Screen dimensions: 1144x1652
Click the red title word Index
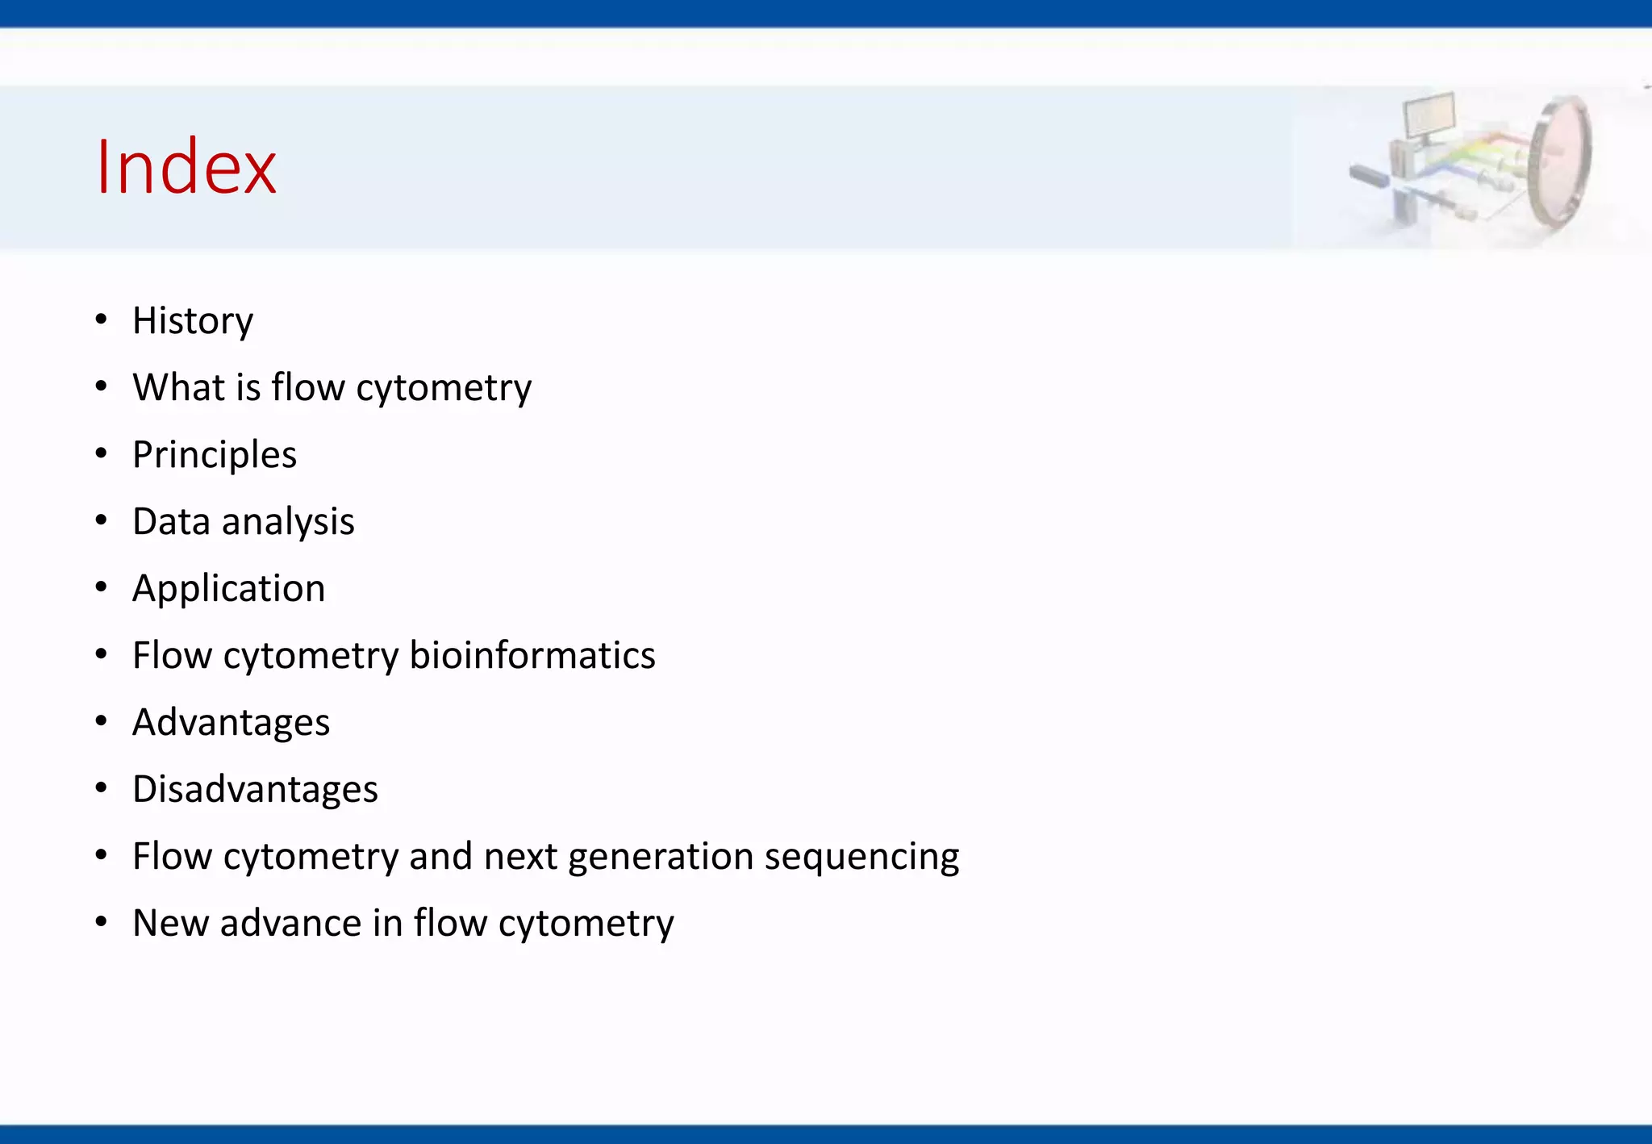186,167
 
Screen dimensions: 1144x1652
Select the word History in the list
193,321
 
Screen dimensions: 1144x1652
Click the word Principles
215,455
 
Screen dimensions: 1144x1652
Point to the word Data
171,521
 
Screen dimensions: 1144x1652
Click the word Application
229,589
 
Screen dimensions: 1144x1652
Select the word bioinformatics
532,655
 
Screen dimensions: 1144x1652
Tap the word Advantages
232,723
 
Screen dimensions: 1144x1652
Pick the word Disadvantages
255,789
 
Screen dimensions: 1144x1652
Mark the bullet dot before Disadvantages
101,789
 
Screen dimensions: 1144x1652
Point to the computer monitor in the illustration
1429,115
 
